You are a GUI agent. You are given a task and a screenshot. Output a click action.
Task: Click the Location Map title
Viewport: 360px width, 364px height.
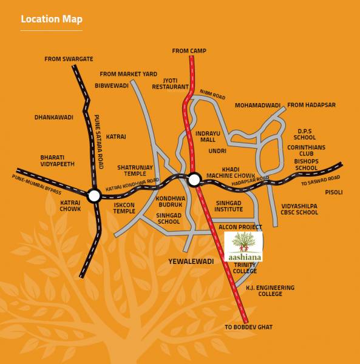point(51,19)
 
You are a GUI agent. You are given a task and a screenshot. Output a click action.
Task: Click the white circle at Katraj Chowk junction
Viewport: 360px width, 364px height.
point(94,196)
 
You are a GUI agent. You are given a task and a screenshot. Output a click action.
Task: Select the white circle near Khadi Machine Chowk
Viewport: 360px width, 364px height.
point(194,179)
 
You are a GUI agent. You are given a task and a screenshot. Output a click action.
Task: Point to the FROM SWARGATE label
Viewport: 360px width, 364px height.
point(69,59)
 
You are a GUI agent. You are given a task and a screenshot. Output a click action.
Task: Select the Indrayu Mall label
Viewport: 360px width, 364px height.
point(206,135)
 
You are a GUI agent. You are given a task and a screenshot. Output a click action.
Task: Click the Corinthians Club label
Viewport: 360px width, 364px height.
point(307,150)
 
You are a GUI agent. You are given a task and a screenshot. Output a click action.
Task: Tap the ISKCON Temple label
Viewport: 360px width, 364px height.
point(124,208)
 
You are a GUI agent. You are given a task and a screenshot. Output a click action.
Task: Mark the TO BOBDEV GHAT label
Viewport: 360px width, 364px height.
point(248,328)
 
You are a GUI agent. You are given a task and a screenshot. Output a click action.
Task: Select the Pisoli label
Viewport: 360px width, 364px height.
point(334,192)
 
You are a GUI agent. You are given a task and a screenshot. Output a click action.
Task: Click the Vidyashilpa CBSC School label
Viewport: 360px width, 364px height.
point(299,209)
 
